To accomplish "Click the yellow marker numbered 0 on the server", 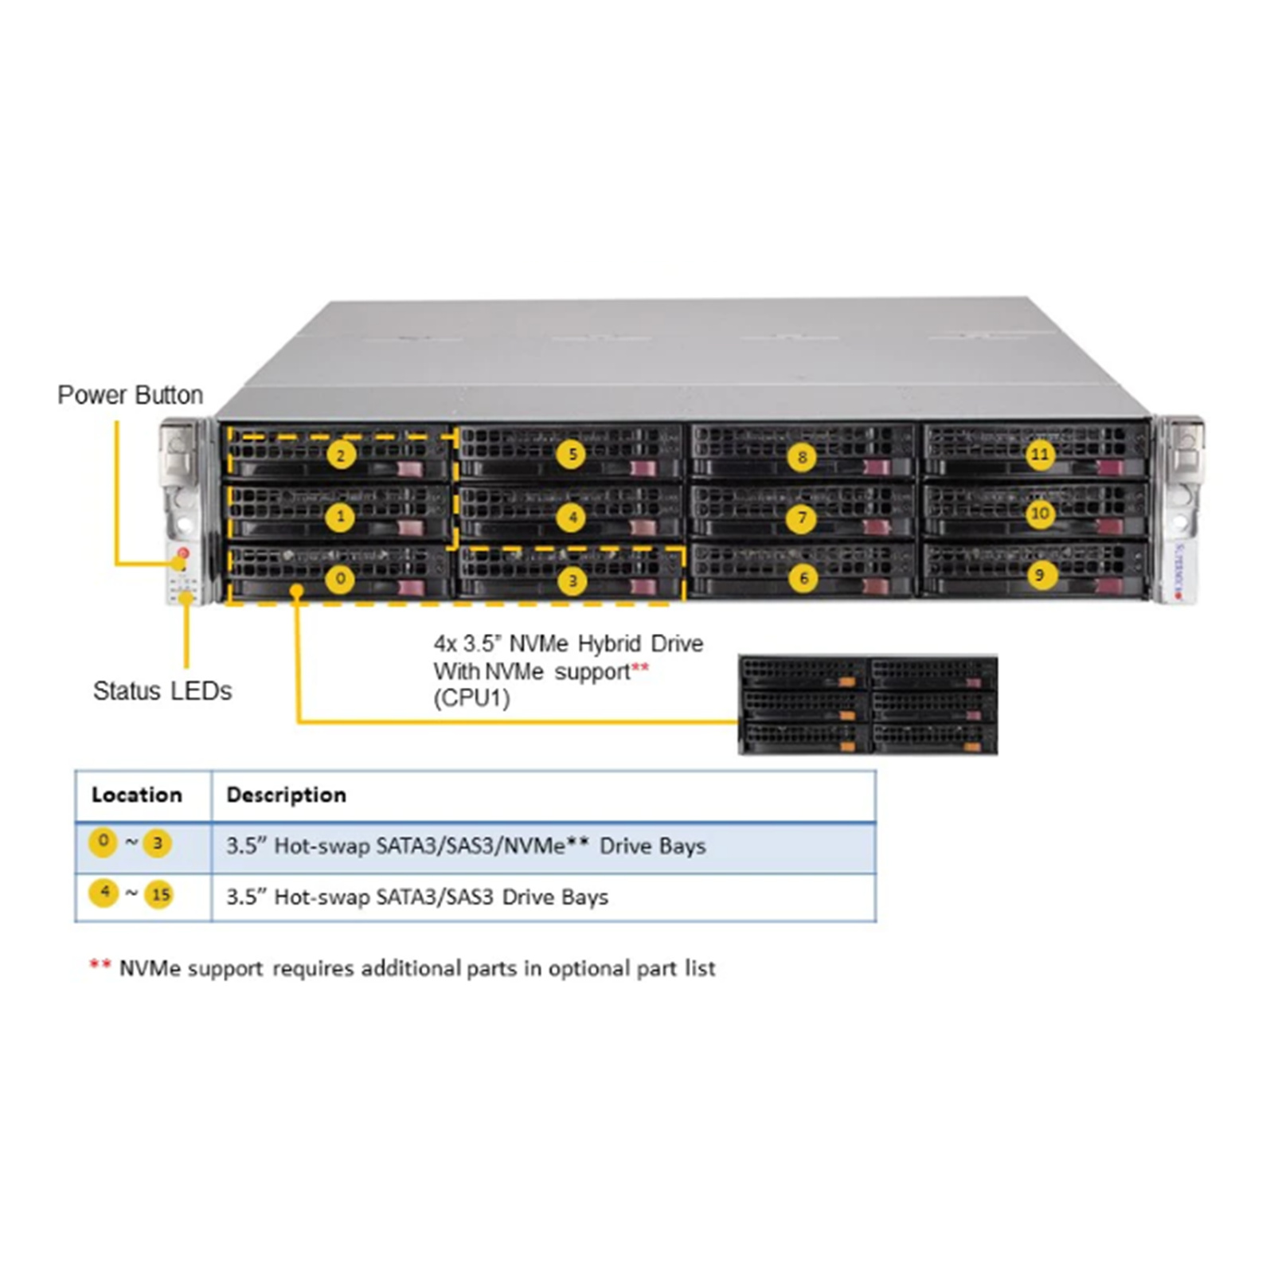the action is [x=341, y=579].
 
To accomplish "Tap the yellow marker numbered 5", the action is [x=572, y=455].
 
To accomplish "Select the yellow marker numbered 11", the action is [x=1039, y=455].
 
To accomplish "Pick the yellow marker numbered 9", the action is [x=1039, y=575].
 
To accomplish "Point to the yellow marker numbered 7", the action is [x=802, y=518].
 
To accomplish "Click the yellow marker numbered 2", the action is [x=341, y=455].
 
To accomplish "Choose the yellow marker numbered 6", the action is [x=803, y=579].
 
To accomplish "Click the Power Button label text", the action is [x=130, y=395].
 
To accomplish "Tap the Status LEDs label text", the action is [x=162, y=690].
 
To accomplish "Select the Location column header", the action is [x=137, y=795].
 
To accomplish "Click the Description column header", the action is [x=287, y=795].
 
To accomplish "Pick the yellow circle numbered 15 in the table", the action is [x=160, y=894].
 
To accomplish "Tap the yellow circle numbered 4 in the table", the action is [x=104, y=893].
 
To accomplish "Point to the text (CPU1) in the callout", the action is [x=471, y=698].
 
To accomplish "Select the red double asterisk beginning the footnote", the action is [x=100, y=964].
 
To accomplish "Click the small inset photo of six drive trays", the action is [x=868, y=705].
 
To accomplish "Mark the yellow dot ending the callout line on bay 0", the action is [x=297, y=591].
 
